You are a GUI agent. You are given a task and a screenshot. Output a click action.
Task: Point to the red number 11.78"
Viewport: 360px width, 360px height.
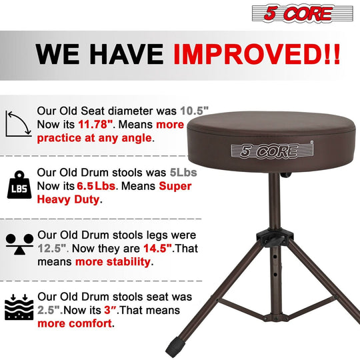(x=98, y=124)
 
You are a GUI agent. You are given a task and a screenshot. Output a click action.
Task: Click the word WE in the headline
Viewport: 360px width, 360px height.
(x=59, y=54)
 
